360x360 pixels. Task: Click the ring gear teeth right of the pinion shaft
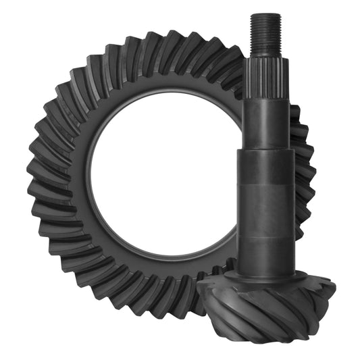click(x=304, y=162)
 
